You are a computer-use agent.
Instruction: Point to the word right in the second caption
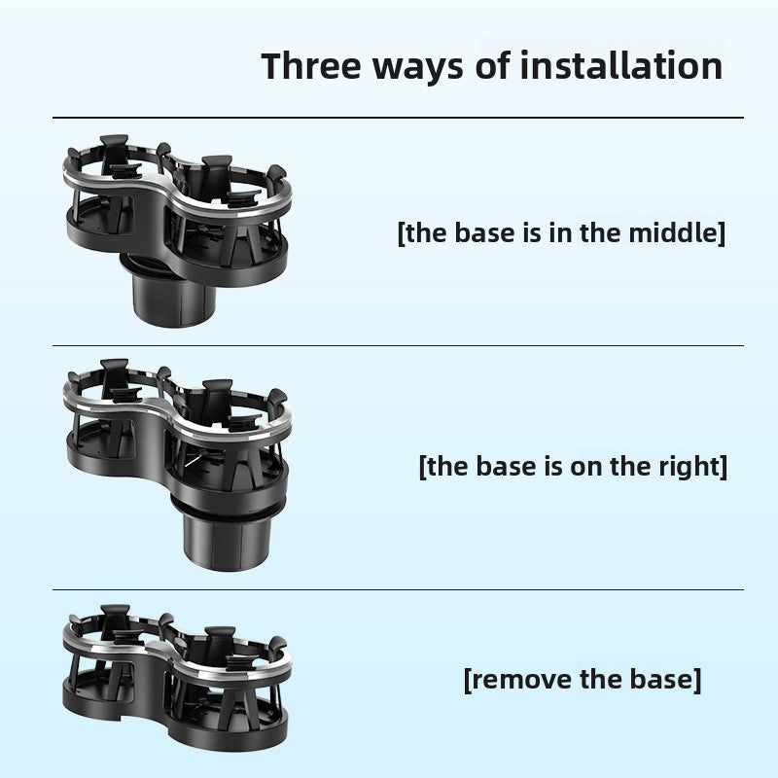tap(690, 466)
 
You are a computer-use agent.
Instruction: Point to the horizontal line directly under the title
tap(399, 118)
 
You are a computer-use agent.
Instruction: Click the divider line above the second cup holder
tap(399, 345)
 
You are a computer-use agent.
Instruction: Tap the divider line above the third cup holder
tap(399, 589)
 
